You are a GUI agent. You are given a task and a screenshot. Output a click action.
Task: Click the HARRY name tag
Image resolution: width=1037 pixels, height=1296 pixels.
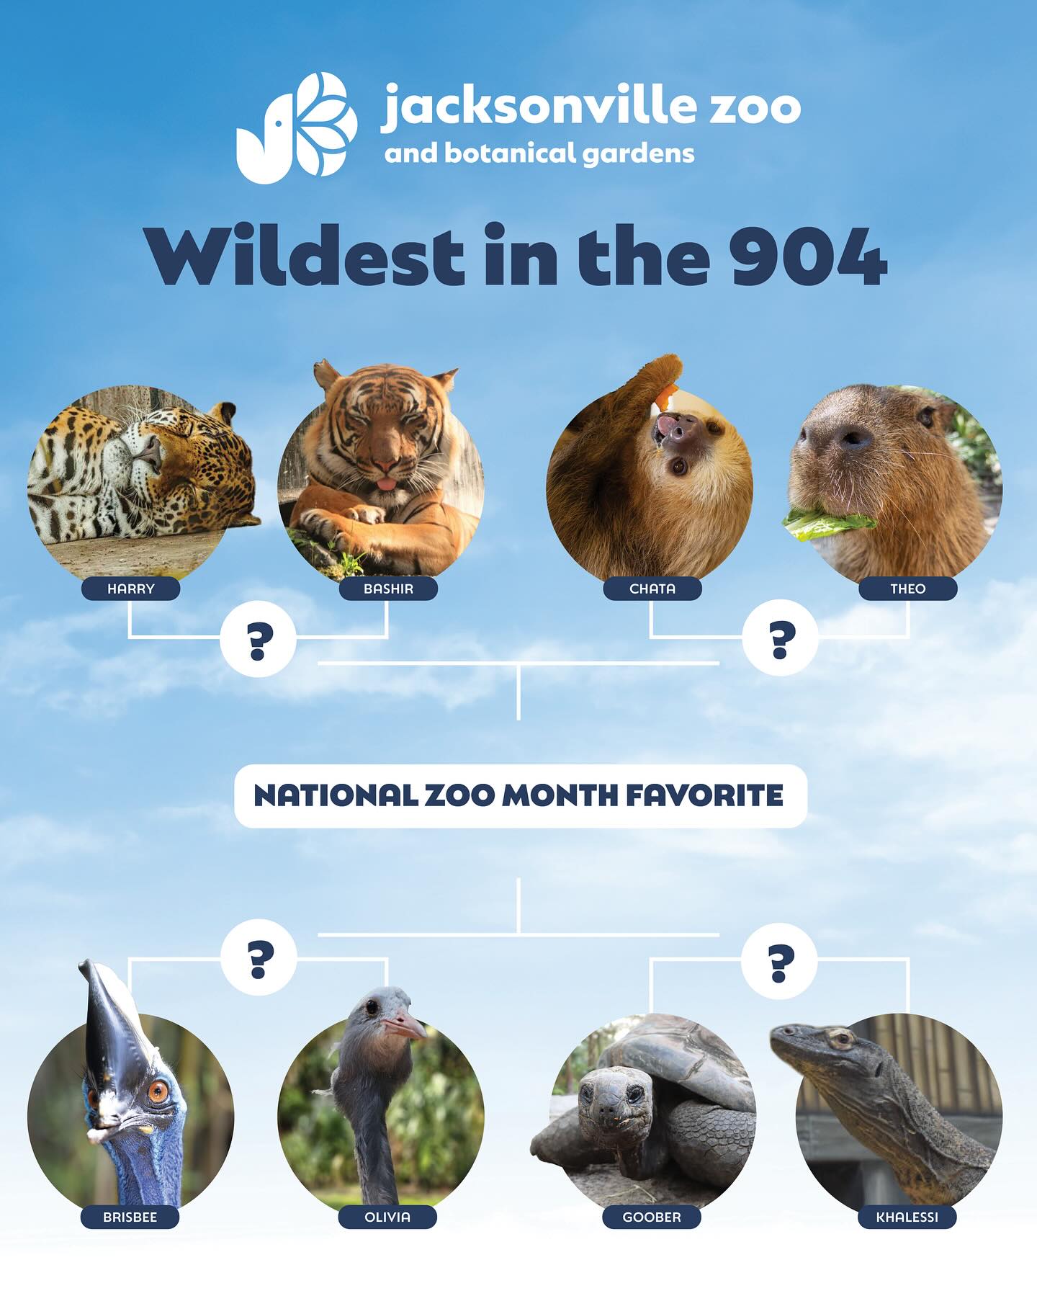pos(130,589)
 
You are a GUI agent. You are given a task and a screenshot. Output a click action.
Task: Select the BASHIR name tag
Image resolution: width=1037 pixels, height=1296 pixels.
pos(388,589)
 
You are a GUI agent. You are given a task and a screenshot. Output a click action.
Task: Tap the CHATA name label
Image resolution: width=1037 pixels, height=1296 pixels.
pos(652,589)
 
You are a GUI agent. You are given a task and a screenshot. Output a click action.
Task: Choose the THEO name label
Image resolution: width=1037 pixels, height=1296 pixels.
pos(907,589)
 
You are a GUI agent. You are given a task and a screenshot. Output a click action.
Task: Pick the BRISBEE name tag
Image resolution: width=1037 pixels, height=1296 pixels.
pos(130,1217)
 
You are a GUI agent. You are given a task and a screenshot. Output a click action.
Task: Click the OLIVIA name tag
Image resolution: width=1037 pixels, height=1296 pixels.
pos(387,1217)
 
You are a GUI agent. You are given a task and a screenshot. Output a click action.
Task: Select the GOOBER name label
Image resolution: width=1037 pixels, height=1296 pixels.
pos(652,1217)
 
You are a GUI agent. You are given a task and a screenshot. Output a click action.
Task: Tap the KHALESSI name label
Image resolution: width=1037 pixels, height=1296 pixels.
pos(907,1217)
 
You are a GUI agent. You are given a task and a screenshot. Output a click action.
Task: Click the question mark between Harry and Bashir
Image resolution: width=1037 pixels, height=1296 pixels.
pos(259,639)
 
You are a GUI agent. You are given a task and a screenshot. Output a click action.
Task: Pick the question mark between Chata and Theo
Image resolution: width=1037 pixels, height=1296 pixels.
pos(781,638)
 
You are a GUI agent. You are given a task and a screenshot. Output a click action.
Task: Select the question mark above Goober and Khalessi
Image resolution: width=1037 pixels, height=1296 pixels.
pos(780,962)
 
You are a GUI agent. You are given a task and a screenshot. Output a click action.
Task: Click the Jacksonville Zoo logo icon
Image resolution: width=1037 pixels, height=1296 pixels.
pos(296,128)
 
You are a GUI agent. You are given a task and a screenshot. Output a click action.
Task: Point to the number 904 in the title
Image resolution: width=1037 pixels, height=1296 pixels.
pos(807,256)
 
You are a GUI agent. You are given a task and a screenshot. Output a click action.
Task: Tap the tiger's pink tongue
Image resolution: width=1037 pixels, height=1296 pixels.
pos(387,483)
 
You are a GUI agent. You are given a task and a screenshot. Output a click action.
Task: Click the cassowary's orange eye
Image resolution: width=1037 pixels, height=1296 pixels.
pos(157,1091)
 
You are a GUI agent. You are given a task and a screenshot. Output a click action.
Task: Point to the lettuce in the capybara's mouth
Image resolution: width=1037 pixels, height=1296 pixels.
pos(828,524)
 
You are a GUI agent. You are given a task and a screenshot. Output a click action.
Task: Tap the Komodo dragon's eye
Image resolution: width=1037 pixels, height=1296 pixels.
pos(839,1039)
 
